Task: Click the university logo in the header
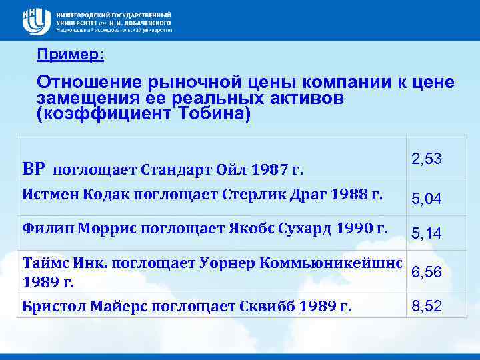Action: (x=36, y=21)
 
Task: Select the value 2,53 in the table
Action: (x=426, y=159)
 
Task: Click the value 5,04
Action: (x=426, y=199)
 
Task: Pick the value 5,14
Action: (x=426, y=233)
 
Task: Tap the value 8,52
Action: (x=426, y=307)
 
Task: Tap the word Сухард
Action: (x=301, y=229)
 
